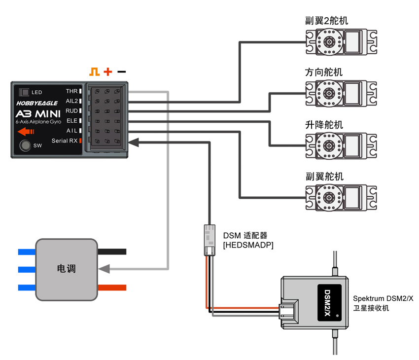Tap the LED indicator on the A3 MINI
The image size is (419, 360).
[24, 92]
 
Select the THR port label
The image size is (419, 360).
[72, 91]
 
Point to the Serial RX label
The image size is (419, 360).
[65, 141]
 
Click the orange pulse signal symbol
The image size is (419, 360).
[94, 72]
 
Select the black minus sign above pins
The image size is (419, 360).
[121, 72]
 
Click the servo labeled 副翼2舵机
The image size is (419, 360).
[341, 42]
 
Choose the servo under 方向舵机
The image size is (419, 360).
[341, 94]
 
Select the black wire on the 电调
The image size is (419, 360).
[112, 252]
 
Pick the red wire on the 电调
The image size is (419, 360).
[112, 288]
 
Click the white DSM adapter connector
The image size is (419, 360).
[209, 240]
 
